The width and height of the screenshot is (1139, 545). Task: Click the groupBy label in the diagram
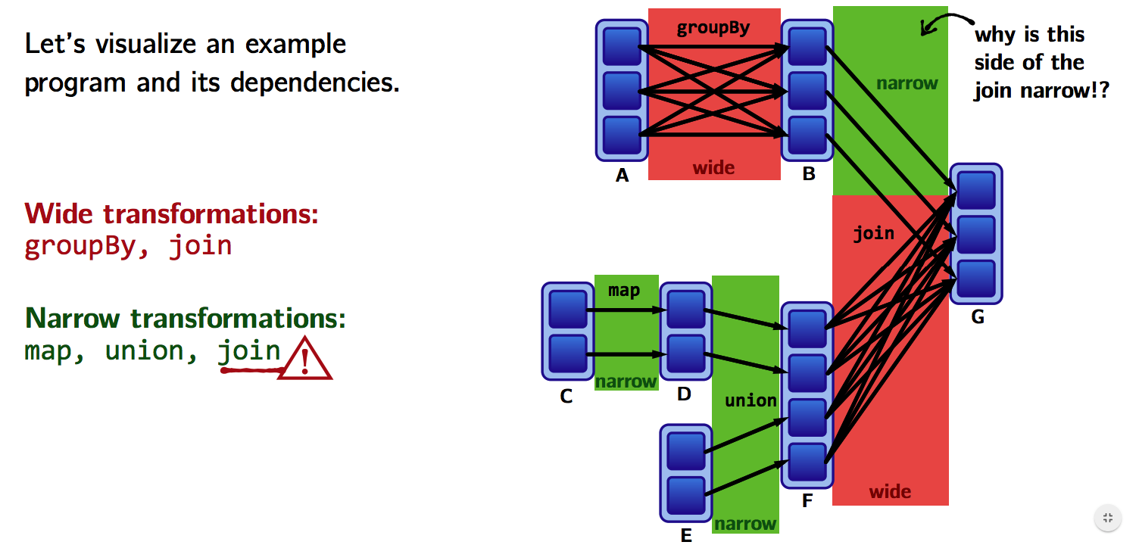pos(713,29)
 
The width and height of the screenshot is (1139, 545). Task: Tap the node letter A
pos(623,176)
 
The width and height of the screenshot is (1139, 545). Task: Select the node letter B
pos(809,175)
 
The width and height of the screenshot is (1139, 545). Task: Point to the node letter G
pos(978,317)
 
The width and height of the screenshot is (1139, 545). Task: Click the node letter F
pos(807,500)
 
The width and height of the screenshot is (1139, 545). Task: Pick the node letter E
pos(686,536)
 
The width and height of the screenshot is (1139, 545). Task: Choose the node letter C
pos(566,396)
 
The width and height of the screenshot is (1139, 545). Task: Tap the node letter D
pos(685,394)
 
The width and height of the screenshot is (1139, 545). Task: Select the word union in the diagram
pos(750,400)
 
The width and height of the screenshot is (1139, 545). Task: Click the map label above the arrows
pos(624,291)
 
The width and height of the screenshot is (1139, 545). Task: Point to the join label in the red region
pos(873,234)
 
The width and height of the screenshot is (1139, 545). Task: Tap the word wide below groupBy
pos(713,167)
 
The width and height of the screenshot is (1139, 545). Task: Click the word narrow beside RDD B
pos(907,83)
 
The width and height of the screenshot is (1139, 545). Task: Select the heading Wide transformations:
pos(171,214)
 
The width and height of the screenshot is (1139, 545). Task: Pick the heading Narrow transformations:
pos(186,318)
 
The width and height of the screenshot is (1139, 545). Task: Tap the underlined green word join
pos(249,351)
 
